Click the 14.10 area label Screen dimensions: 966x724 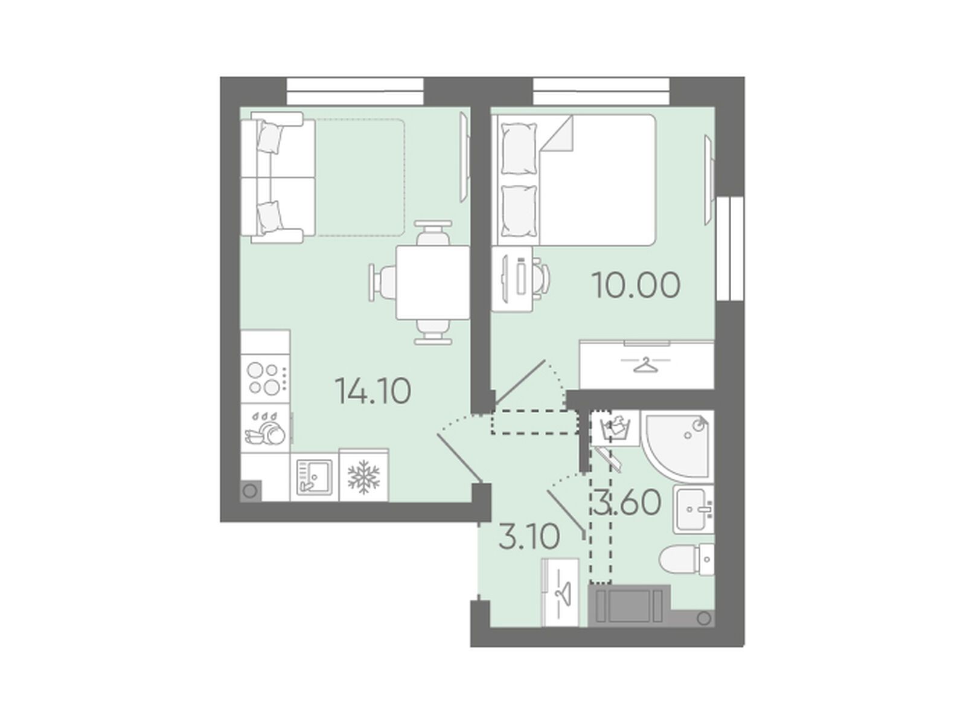pos(373,391)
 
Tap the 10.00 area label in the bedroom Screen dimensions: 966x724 pos(636,285)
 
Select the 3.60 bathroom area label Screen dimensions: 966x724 pos(627,502)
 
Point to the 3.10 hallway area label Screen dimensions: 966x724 pos(529,536)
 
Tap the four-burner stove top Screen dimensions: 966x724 pos(264,378)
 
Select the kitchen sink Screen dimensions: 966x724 pos(314,477)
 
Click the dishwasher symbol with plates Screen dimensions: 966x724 pos(266,428)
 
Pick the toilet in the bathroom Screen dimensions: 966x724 pos(686,559)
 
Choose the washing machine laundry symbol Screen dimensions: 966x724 pos(615,429)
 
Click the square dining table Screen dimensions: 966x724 pos(433,282)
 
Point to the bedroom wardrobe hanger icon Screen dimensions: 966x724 pos(645,365)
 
